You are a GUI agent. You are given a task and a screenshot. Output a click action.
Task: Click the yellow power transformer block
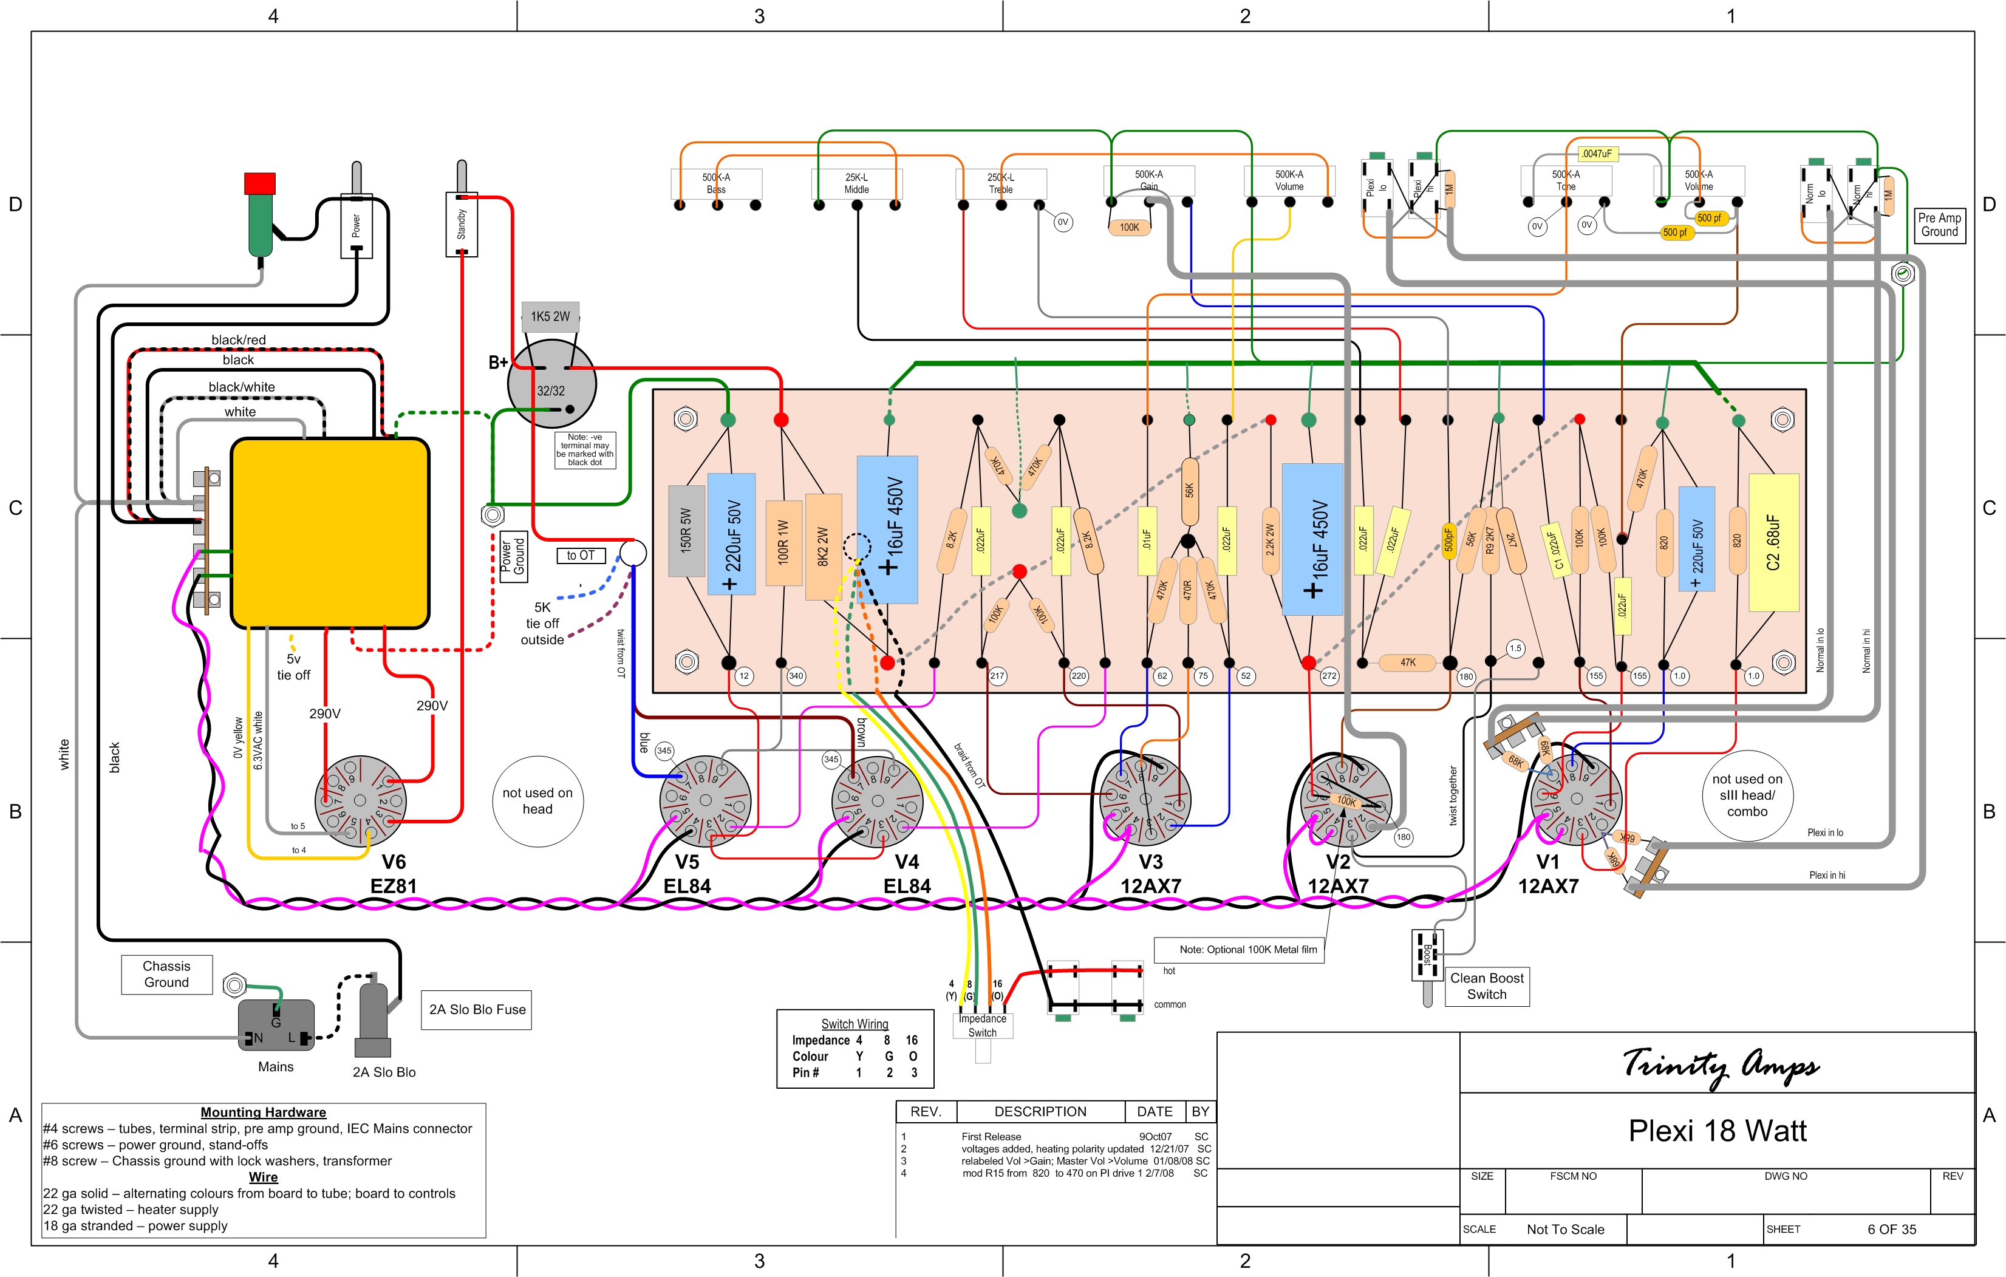click(330, 533)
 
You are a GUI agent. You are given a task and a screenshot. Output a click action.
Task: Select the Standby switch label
click(462, 224)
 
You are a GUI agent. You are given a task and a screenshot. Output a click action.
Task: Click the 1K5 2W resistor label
click(550, 316)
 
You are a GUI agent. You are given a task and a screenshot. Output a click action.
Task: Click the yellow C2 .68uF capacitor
click(1773, 542)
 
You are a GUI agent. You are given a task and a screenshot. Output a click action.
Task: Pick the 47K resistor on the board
click(1407, 663)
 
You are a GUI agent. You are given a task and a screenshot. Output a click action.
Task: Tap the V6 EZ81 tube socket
click(360, 802)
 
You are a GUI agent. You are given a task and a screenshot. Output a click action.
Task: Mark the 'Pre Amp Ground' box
click(1939, 225)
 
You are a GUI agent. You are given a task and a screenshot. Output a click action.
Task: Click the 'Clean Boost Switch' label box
click(1486, 986)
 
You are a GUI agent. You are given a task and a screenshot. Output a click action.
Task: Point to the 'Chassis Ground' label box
click(166, 974)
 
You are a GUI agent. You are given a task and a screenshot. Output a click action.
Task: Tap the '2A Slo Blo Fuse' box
click(477, 1010)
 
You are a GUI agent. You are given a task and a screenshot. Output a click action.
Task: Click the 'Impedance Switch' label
click(982, 1026)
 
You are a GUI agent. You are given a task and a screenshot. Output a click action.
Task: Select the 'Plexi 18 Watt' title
click(1717, 1131)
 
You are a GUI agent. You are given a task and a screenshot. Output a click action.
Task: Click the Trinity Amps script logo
click(1721, 1066)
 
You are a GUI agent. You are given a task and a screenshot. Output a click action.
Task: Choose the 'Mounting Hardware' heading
click(263, 1112)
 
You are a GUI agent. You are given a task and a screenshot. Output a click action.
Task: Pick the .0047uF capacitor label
click(1597, 153)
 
